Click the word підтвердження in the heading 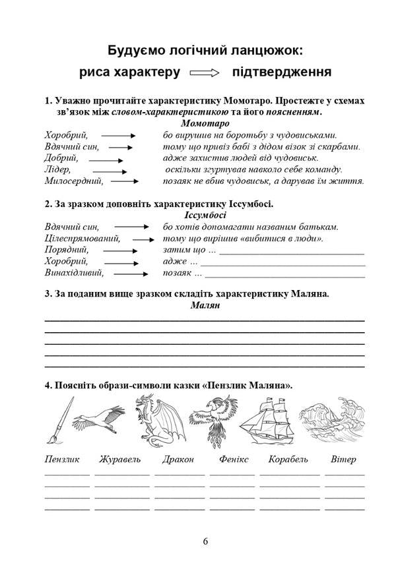click(x=281, y=73)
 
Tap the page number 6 click(x=205, y=541)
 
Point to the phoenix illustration click(x=210, y=421)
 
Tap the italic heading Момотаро click(x=205, y=123)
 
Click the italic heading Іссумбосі click(x=205, y=215)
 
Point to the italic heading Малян click(x=205, y=305)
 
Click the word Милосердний click(x=74, y=181)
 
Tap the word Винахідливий click(x=75, y=273)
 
